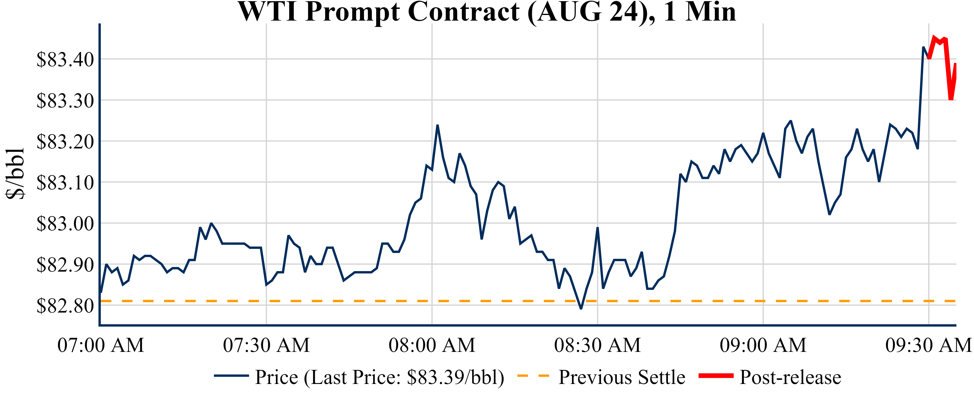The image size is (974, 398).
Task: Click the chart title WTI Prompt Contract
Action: click(487, 12)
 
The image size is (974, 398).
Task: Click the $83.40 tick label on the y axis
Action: click(65, 59)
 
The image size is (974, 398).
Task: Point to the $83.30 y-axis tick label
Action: click(65, 100)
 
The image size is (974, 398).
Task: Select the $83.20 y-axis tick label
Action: click(65, 142)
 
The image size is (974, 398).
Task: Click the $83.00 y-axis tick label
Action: click(65, 224)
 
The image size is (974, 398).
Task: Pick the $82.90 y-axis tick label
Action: click(65, 265)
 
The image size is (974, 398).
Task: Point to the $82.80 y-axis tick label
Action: click(65, 306)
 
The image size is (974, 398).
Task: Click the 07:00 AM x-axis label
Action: click(101, 345)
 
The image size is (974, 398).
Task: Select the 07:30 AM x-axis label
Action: click(266, 345)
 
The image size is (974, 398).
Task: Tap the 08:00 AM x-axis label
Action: click(432, 345)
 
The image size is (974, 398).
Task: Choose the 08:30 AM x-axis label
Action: click(597, 345)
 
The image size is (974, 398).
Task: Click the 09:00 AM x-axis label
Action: click(763, 345)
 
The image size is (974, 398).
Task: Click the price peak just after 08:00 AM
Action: click(437, 125)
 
